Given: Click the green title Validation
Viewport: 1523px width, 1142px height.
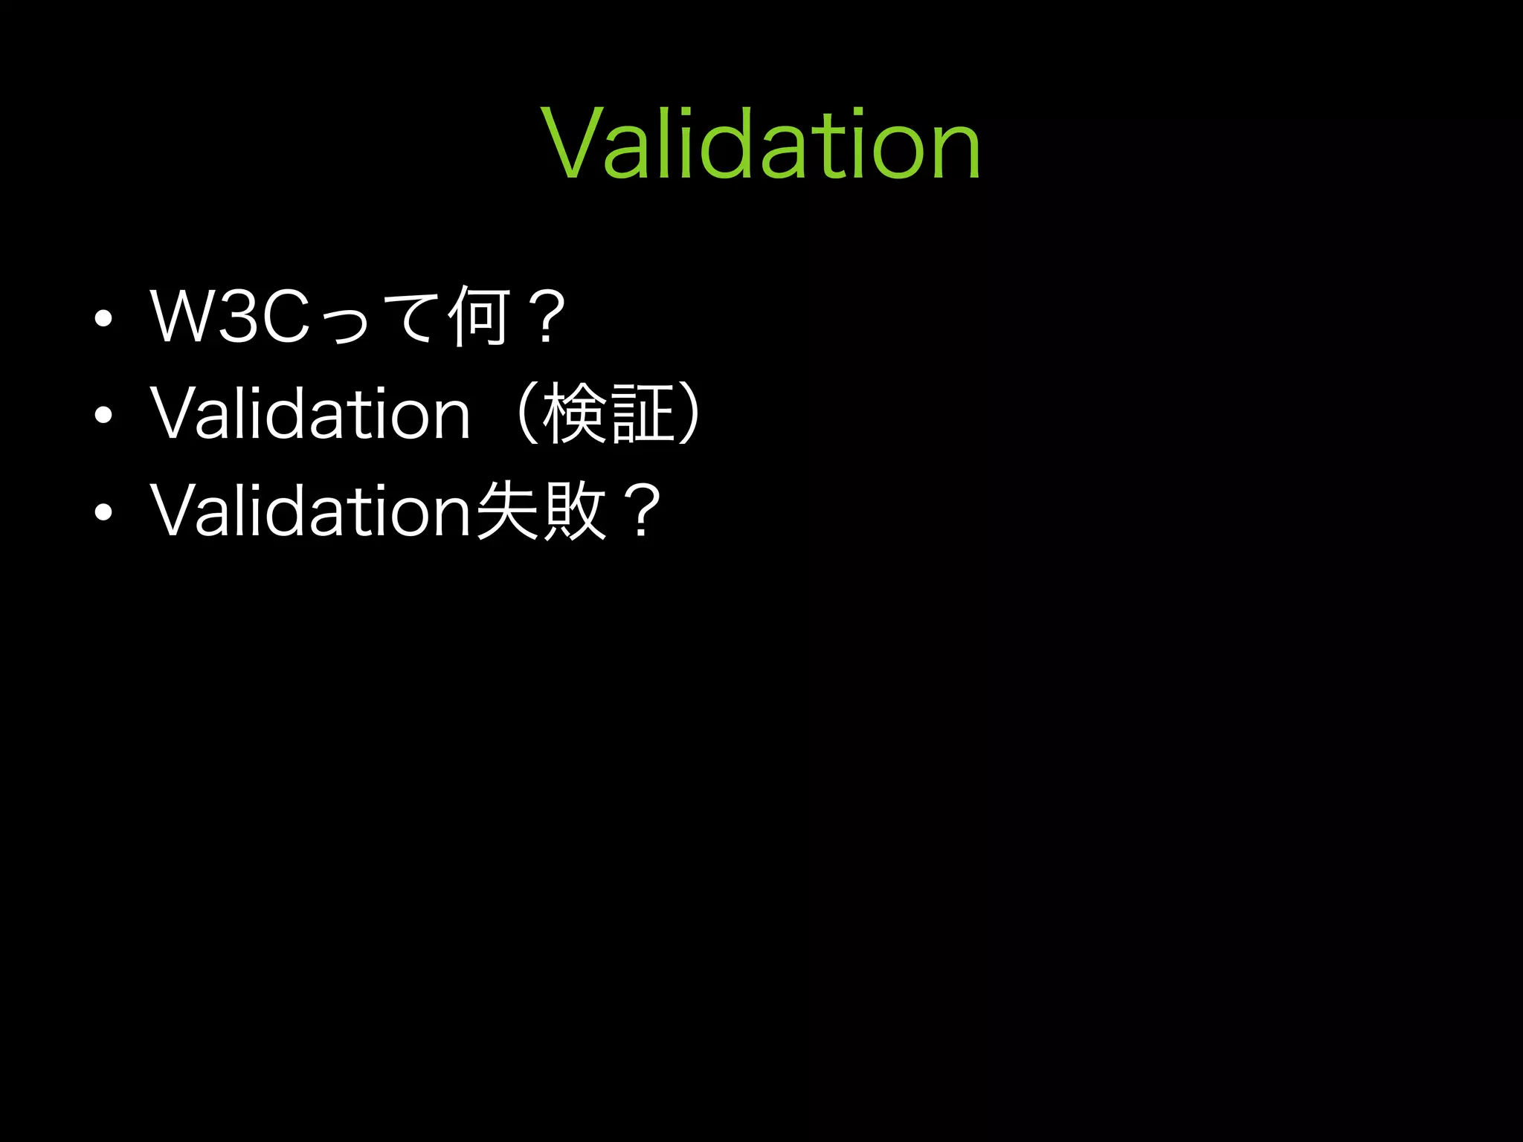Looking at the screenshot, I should pos(761,143).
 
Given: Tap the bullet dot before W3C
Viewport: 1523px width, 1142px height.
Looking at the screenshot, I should pos(103,318).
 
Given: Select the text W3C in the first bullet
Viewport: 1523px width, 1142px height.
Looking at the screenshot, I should pos(229,317).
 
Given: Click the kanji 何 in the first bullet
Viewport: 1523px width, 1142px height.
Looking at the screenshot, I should pos(480,317).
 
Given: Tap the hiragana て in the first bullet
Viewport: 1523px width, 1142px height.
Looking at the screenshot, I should pos(413,318).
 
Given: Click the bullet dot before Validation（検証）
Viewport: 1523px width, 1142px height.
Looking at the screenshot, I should pos(103,415).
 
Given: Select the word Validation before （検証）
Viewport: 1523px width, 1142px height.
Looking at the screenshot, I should pos(310,413).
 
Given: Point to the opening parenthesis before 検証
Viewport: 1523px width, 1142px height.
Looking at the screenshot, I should pos(527,413).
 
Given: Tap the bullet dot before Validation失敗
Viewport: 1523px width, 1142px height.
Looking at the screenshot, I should pos(103,512).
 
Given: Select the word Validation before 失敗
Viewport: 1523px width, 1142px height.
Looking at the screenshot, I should pos(310,510).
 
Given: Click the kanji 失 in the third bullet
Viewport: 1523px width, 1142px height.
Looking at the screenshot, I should pos(507,510).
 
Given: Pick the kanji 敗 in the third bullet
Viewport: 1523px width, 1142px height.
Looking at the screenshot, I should pos(574,510).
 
